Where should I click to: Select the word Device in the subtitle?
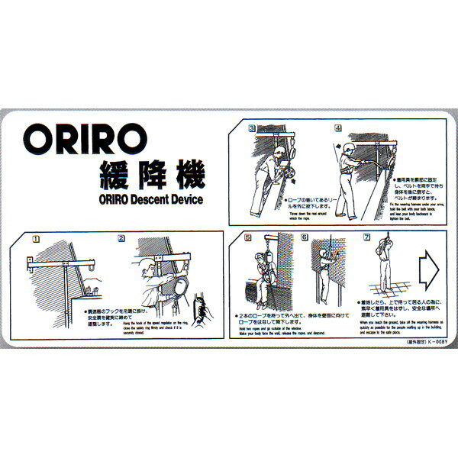click(187, 201)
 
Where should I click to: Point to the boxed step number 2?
click(121, 239)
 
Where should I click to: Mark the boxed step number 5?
click(247, 237)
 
